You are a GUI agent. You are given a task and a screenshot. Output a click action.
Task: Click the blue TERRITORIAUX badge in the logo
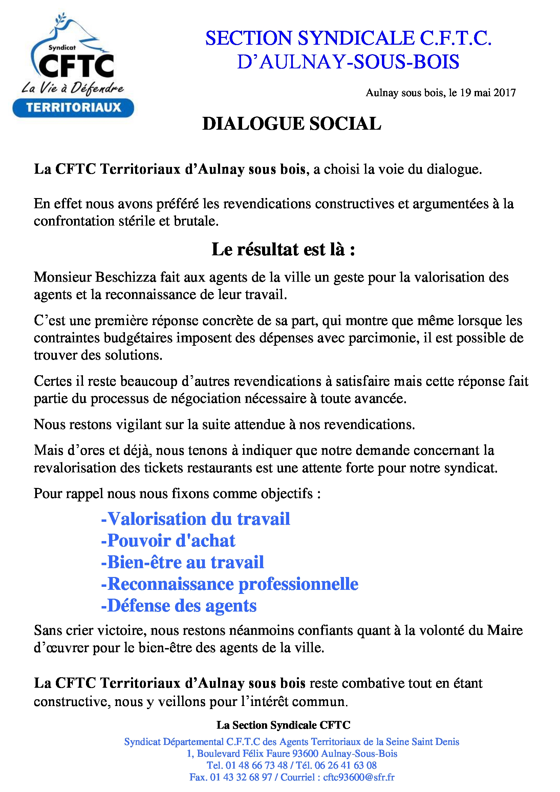click(x=73, y=107)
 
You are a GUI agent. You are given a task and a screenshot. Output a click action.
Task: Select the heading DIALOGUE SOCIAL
click(x=292, y=124)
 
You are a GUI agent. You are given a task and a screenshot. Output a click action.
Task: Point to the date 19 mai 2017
click(x=488, y=93)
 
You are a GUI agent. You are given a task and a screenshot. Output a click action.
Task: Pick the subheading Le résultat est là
click(x=283, y=250)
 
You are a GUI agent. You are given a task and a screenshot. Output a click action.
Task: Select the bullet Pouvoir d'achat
click(x=168, y=541)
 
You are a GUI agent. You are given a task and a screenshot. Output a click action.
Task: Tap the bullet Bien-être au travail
click(x=182, y=562)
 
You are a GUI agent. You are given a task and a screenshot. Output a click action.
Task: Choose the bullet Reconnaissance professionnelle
click(x=230, y=584)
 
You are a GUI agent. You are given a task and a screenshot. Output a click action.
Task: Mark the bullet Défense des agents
click(x=179, y=606)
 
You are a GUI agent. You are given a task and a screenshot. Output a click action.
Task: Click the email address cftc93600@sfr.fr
click(x=359, y=777)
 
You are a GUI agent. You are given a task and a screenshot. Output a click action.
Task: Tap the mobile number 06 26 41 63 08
click(x=346, y=765)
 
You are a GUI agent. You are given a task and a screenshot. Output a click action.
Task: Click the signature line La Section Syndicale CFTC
click(x=283, y=725)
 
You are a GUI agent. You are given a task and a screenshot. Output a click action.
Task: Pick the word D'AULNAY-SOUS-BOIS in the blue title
click(x=348, y=62)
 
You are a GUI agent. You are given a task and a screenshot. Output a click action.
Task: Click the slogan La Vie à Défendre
click(x=72, y=89)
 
